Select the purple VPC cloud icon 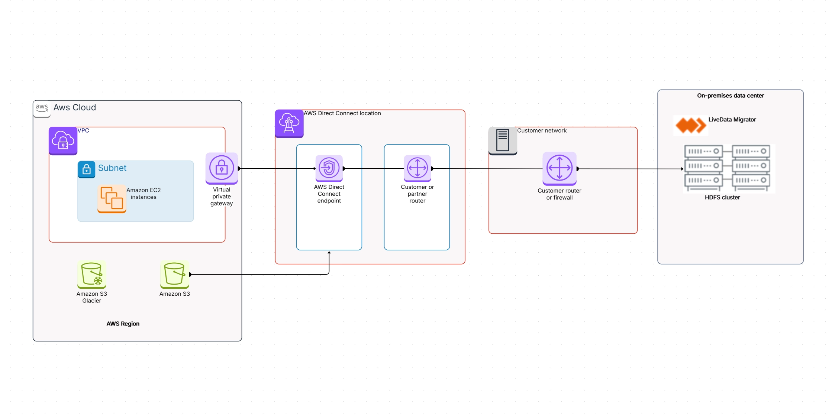tap(63, 141)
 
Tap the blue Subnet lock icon tap(86, 169)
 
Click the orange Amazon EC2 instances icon tap(112, 198)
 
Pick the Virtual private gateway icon tap(222, 168)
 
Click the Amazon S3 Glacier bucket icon tap(91, 274)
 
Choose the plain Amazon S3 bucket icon tap(174, 274)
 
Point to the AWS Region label tap(123, 324)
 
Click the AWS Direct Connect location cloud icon tap(289, 123)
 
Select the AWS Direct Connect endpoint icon tap(329, 168)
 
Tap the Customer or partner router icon tap(417, 168)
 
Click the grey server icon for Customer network tap(502, 140)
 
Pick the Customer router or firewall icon tap(559, 168)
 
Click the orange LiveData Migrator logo tap(690, 125)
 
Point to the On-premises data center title tap(730, 95)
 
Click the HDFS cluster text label tap(722, 197)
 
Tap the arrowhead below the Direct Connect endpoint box tap(329, 253)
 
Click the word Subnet tap(112, 168)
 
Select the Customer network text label tap(542, 130)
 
